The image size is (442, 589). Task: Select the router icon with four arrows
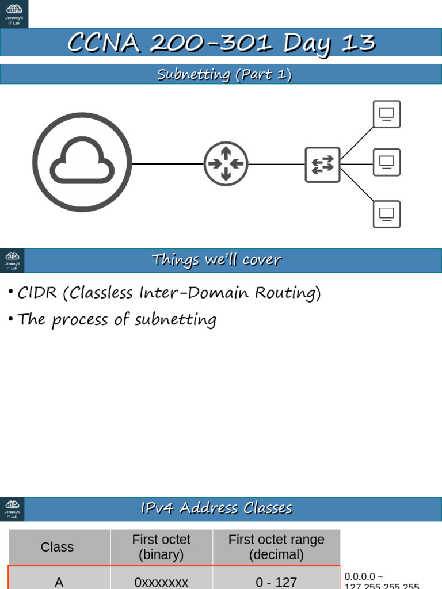[x=226, y=164]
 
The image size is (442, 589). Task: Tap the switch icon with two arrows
[x=322, y=165]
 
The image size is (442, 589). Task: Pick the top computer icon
[x=386, y=114]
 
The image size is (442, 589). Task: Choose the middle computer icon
[x=386, y=162]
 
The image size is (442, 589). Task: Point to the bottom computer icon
[x=386, y=214]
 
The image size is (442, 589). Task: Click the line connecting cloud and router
[x=167, y=164]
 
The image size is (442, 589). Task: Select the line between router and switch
[x=276, y=165]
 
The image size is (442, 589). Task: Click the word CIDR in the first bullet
[x=37, y=293]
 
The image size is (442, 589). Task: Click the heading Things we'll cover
[x=216, y=260]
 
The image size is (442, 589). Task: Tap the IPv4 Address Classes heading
[x=216, y=508]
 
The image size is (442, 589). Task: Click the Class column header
[x=58, y=547]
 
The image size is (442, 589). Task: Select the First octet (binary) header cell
[x=161, y=547]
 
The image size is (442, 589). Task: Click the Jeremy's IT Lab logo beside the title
[x=14, y=14]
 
